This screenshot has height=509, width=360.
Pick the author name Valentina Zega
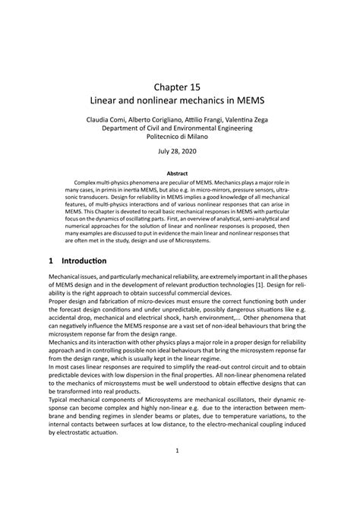click(x=257, y=120)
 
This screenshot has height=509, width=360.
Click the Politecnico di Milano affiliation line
click(x=181, y=138)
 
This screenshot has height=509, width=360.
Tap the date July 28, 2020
click(x=180, y=153)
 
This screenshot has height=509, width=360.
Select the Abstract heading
click(x=180, y=173)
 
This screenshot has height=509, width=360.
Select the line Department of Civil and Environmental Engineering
click(x=180, y=129)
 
